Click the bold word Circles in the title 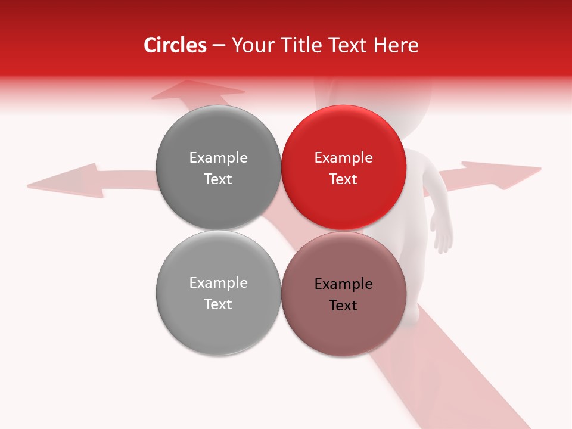[x=175, y=45]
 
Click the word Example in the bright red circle [x=344, y=158]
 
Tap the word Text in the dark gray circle [x=218, y=179]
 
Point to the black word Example [x=344, y=284]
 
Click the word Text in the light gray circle [x=218, y=304]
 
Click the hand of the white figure [x=443, y=235]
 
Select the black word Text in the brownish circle [x=344, y=306]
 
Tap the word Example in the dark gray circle [x=218, y=158]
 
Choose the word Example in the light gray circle [x=218, y=283]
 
